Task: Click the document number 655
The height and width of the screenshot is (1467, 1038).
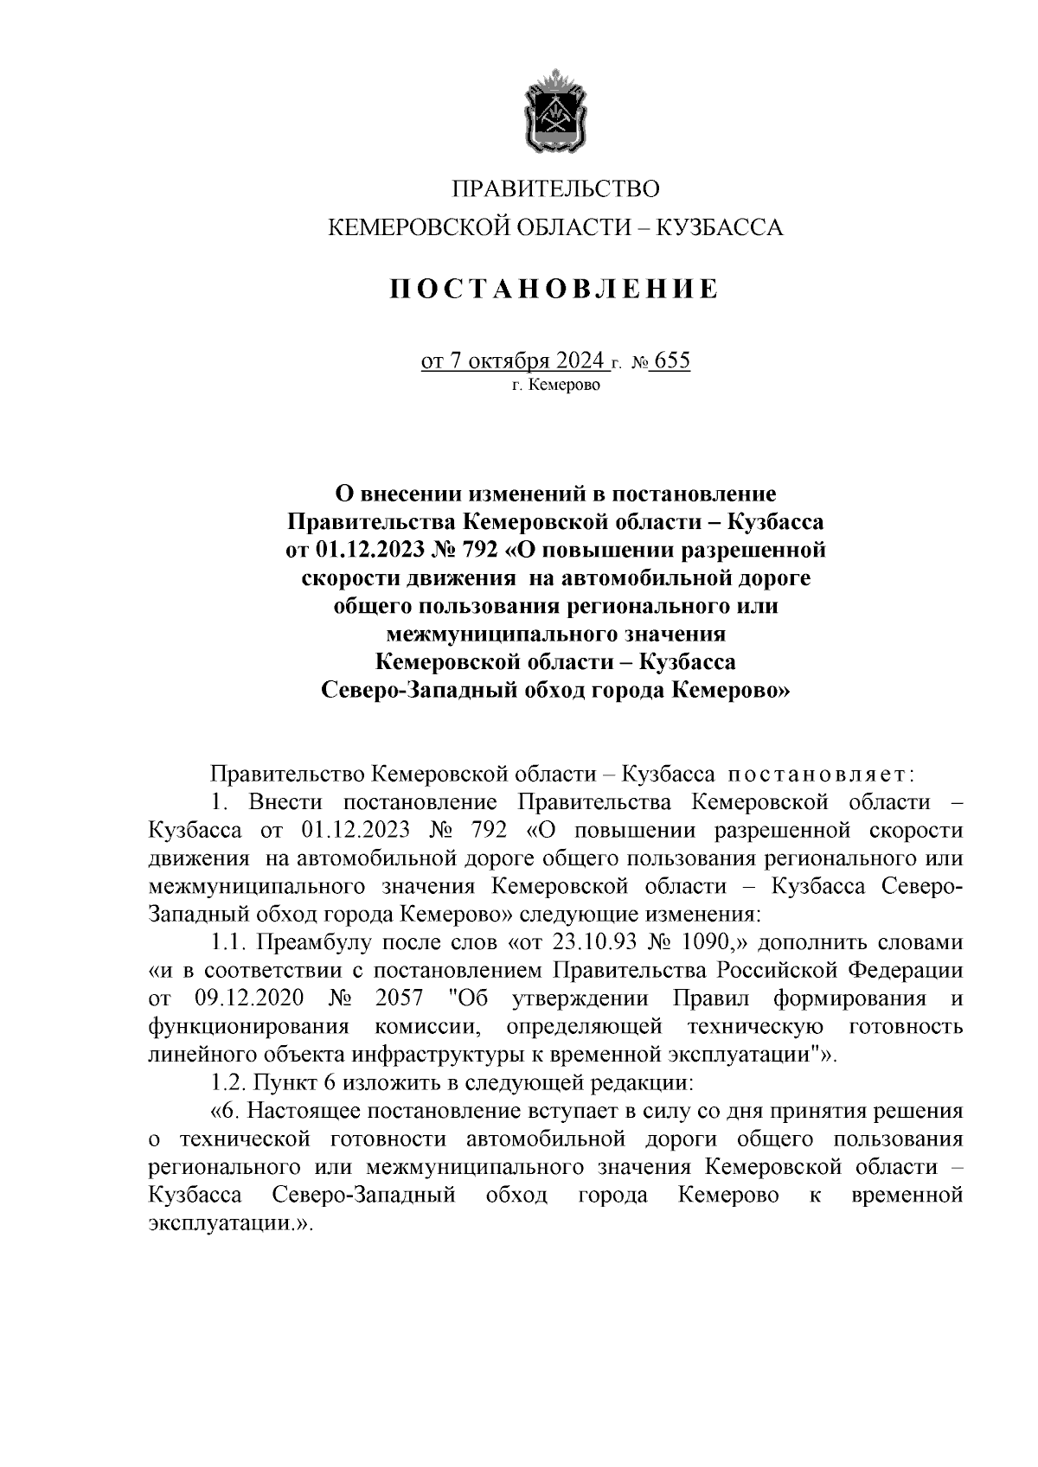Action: pos(673,360)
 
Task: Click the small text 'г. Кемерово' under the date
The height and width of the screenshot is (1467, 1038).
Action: pos(554,385)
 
